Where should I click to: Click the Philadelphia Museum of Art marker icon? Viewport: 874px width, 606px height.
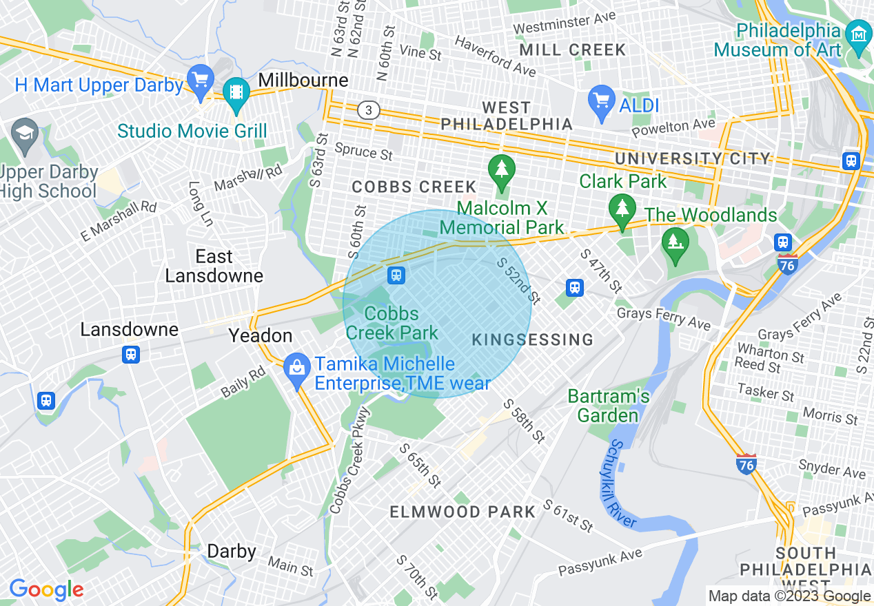coord(859,33)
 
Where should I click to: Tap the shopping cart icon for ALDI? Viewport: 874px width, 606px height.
coord(601,100)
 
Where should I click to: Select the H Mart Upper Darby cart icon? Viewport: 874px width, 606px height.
coord(201,80)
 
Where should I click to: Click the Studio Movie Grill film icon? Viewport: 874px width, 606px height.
coord(236,92)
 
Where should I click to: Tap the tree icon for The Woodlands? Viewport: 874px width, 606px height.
coord(675,242)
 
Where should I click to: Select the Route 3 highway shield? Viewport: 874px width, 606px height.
coord(369,110)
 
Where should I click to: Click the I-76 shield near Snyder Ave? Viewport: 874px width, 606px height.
coord(746,464)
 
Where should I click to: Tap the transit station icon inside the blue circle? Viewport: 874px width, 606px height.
coord(396,275)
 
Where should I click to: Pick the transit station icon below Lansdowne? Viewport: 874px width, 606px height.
coord(130,354)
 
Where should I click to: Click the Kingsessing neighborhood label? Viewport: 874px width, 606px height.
coord(532,339)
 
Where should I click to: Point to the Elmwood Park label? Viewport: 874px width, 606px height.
coord(463,512)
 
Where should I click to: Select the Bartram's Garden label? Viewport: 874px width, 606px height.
coord(608,406)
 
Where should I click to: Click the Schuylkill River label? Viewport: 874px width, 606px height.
coord(622,485)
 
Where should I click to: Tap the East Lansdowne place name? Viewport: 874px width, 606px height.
coord(214,266)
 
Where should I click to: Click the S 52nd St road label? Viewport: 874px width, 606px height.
coord(518,280)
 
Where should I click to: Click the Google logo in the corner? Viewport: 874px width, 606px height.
coord(45,589)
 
